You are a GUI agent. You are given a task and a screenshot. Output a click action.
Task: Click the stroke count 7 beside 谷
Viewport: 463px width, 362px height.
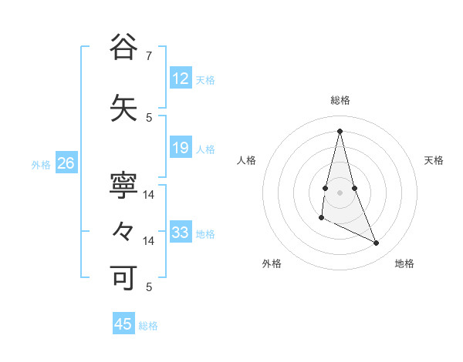point(149,56)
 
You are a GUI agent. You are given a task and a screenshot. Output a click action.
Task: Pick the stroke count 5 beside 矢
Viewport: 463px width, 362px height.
point(149,117)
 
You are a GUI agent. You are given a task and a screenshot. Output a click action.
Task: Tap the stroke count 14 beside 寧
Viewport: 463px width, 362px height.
point(150,196)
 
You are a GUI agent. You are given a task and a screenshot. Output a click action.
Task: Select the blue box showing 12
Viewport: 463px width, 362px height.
point(181,79)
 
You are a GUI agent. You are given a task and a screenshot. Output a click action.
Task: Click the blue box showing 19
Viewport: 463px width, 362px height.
point(181,148)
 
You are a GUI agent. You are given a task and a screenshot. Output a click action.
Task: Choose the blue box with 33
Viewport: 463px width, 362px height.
point(181,233)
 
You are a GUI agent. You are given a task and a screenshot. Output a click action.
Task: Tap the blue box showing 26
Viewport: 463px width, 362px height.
point(66,163)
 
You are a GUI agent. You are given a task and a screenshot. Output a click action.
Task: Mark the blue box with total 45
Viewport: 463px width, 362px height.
point(123,324)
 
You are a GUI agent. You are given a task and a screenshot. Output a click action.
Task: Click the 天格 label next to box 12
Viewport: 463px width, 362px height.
point(205,80)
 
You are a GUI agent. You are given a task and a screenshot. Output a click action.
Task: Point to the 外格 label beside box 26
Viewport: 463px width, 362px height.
point(41,165)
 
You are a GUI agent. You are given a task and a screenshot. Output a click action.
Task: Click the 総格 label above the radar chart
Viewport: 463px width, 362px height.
point(340,100)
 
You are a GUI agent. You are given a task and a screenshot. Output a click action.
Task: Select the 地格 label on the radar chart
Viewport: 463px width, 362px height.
point(404,263)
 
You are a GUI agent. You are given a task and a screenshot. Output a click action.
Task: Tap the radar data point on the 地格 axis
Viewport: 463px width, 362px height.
point(377,243)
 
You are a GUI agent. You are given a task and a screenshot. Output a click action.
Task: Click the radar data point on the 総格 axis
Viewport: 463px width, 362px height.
point(340,131)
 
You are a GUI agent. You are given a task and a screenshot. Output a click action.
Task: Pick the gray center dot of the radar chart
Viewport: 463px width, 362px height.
point(340,192)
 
